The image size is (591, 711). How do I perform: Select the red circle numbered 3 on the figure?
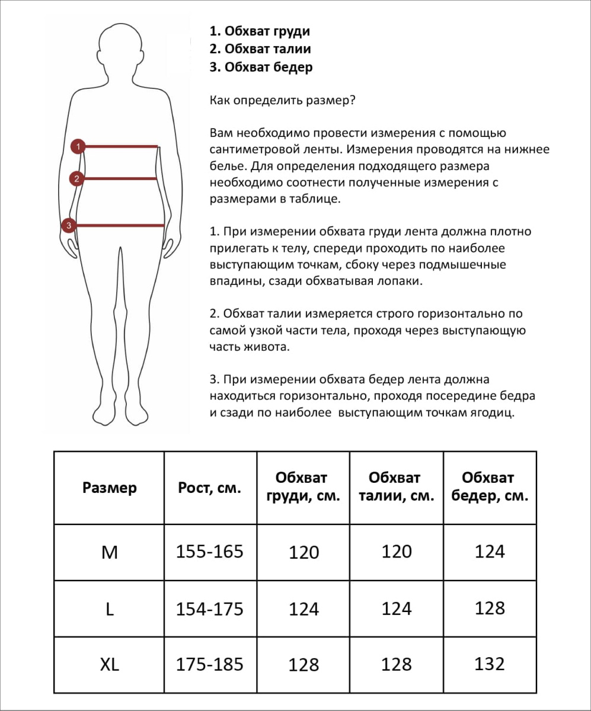coord(69,225)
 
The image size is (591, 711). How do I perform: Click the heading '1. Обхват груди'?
coord(260,31)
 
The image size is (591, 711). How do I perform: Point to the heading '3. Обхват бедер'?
coord(261,67)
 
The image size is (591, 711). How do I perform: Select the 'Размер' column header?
coord(110,488)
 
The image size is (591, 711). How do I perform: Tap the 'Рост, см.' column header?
coord(210,488)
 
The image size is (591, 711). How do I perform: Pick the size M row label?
coord(110,552)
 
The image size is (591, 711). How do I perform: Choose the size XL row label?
coord(110,665)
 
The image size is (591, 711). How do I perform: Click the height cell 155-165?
coord(210,552)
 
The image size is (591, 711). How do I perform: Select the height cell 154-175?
coord(210,608)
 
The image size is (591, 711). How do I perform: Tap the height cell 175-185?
coord(210,664)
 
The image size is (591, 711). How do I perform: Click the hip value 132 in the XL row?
coord(490,664)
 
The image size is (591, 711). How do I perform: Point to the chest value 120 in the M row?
coord(304,553)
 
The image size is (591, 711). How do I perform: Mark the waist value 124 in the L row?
coord(397,608)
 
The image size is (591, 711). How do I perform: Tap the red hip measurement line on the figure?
coord(119,225)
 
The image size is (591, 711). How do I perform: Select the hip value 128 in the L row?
coord(490,608)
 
